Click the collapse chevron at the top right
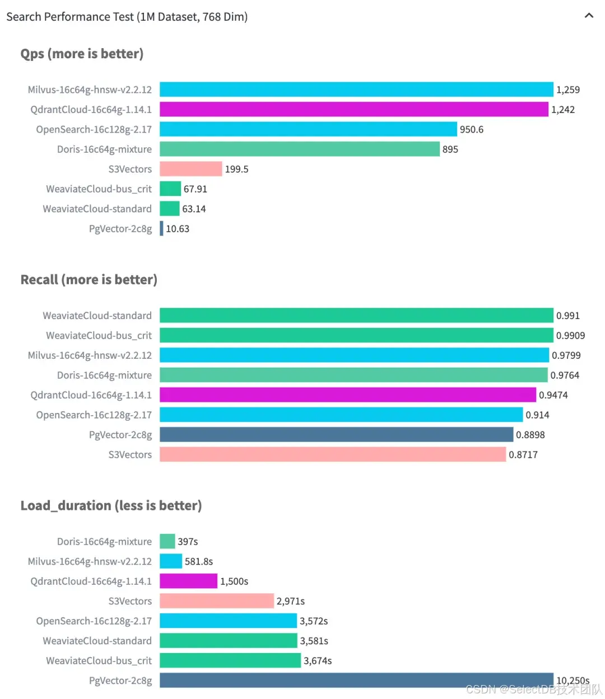(589, 16)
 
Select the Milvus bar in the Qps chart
(356, 90)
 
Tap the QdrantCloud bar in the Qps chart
(354, 109)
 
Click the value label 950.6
(472, 129)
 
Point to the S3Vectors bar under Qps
(191, 169)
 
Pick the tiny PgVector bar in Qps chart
(161, 228)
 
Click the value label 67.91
(196, 189)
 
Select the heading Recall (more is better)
(89, 279)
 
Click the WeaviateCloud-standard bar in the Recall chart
(356, 316)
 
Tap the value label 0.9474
(553, 395)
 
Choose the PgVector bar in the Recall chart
(336, 435)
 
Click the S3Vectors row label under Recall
(130, 454)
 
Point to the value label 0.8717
(523, 454)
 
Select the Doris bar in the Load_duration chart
(167, 541)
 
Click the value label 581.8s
(199, 561)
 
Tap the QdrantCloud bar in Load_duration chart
(188, 581)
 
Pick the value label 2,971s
(291, 601)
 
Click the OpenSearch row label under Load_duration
(94, 621)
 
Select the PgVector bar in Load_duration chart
(356, 680)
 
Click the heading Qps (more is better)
(82, 54)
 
